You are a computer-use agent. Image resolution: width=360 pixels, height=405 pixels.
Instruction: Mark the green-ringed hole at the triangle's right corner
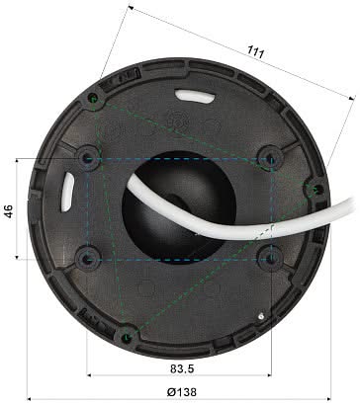tap(315, 189)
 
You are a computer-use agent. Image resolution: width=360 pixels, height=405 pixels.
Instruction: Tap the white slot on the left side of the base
tap(66, 188)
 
